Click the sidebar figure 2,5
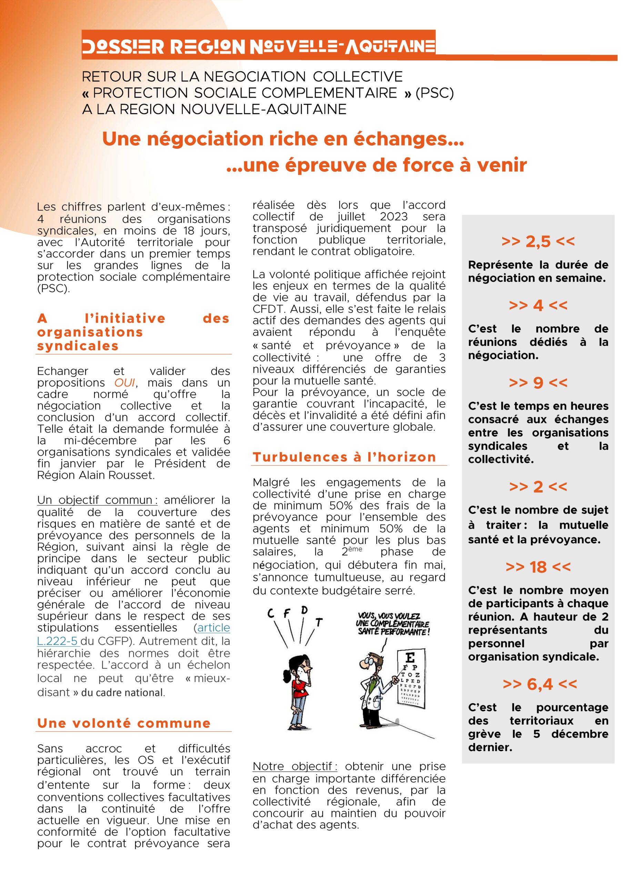(538, 241)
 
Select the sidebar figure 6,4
(540, 684)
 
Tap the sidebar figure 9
(538, 382)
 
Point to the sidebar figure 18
(538, 566)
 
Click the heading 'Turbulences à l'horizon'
(344, 457)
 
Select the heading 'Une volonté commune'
(124, 723)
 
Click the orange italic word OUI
(124, 383)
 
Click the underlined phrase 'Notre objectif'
(294, 766)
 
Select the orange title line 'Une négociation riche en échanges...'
(283, 139)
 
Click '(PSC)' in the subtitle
(434, 93)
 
